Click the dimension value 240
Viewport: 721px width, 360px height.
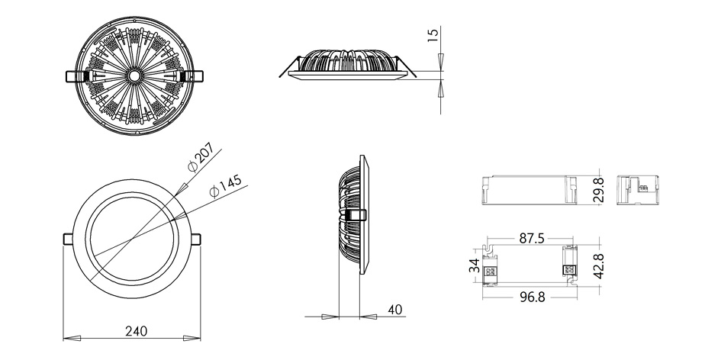(136, 331)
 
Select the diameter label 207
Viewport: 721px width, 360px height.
(201, 157)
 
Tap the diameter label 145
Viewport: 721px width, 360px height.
(225, 186)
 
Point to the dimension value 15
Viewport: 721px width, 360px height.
(433, 34)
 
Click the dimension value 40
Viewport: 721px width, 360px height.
(395, 310)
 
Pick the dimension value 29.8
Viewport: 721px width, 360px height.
(598, 190)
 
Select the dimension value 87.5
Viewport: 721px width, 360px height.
(532, 239)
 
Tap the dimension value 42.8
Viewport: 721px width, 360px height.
(598, 265)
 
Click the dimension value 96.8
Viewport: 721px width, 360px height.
(532, 297)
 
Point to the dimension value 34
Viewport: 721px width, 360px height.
(475, 265)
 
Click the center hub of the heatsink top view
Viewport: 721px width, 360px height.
(134, 76)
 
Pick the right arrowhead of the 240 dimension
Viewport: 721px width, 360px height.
(192, 339)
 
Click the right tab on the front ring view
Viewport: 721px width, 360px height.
(196, 239)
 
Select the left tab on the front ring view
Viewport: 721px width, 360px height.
(68, 239)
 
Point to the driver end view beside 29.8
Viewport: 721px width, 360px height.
(637, 190)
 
